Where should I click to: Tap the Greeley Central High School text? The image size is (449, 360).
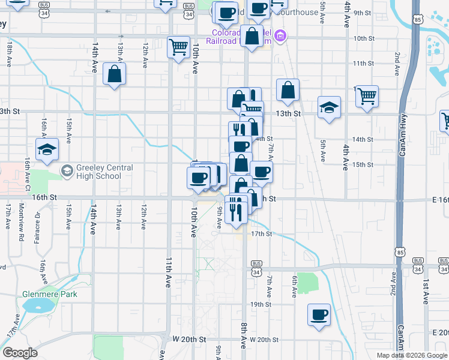[98, 172]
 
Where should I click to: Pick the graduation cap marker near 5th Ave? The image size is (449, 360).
[329, 107]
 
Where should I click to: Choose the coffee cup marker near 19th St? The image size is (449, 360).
[319, 314]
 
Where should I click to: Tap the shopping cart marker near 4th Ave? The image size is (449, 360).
[367, 95]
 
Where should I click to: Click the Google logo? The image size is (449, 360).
[20, 353]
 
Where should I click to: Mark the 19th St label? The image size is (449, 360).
[261, 304]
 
